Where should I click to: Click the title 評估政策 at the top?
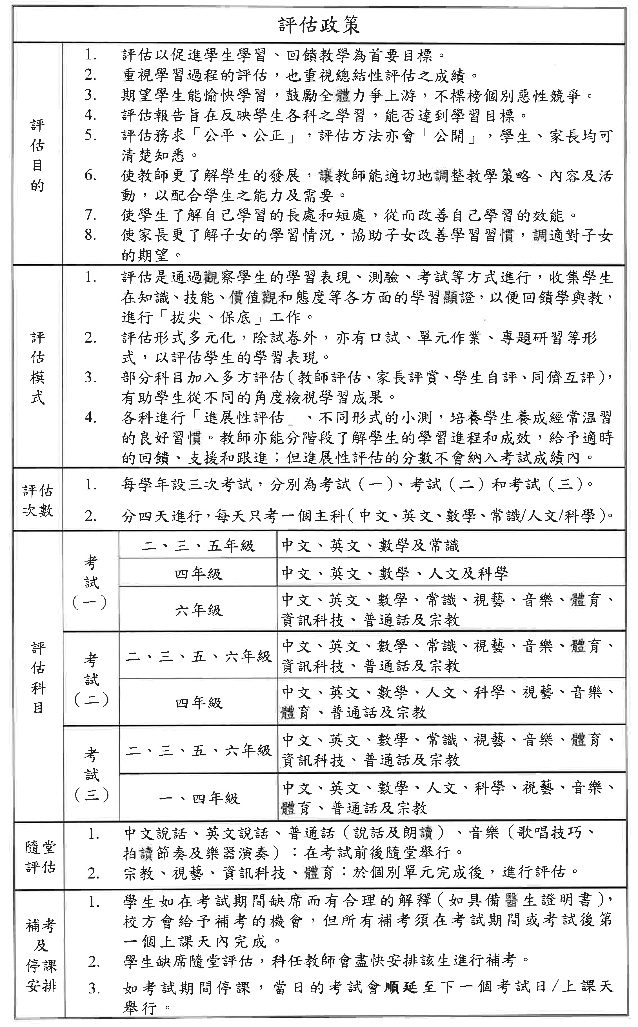pyautogui.click(x=319, y=26)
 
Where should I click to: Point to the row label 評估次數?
pyautogui.click(x=38, y=500)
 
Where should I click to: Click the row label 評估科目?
pyautogui.click(x=38, y=678)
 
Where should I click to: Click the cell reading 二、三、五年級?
pyautogui.click(x=198, y=545)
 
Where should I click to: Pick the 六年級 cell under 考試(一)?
pyautogui.click(x=198, y=610)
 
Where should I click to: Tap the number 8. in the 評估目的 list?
pyautogui.click(x=90, y=235)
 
